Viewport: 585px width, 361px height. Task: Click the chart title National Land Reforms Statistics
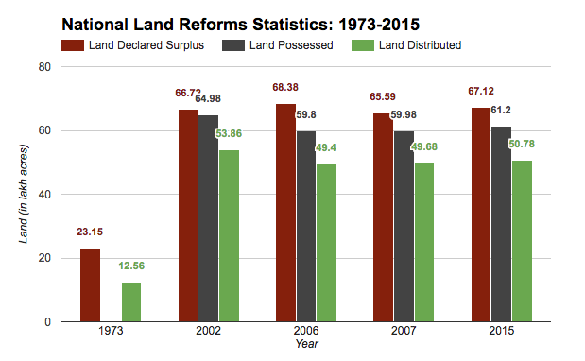click(x=240, y=21)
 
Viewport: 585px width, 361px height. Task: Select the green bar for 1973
click(x=131, y=301)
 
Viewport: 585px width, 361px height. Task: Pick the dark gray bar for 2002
click(x=209, y=218)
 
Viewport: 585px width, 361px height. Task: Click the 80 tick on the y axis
click(x=44, y=67)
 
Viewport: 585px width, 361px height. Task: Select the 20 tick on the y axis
click(x=44, y=258)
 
